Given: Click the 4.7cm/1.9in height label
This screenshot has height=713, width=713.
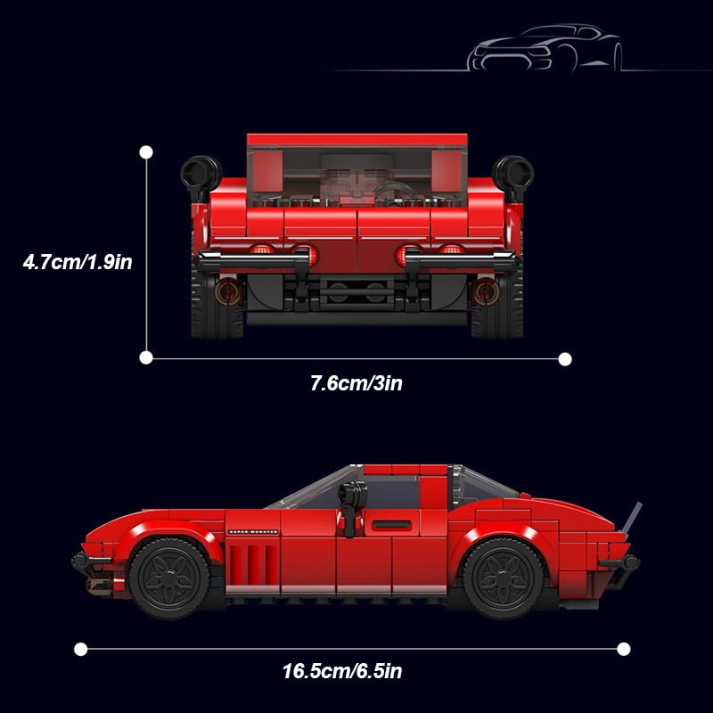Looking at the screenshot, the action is pos(78,262).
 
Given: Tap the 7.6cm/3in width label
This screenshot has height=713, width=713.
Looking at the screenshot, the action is pos(356,383).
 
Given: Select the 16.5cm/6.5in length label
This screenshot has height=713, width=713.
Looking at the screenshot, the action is pos(342,671).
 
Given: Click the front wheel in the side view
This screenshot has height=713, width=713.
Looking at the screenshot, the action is pos(169,578).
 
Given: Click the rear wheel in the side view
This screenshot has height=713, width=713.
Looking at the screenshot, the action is pos(503,578).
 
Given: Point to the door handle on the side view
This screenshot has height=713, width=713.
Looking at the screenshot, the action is pos(391,524).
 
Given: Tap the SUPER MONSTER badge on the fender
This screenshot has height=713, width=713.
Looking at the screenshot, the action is pos(253,531).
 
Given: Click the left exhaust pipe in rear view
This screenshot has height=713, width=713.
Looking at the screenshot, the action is pos(228,291).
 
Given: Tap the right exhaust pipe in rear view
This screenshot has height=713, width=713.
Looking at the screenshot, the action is pos(486,291).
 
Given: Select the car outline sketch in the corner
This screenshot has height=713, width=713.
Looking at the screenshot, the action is pos(545,48).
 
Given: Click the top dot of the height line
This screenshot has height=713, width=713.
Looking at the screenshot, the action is pos(146,152).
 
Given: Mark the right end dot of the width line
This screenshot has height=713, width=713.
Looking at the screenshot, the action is pos(565,359).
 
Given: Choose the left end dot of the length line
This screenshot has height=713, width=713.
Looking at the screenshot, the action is pos(80,649).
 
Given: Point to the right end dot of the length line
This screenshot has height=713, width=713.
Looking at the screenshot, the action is pos(623,649).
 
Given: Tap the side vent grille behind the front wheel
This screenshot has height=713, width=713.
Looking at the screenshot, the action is pos(253,565).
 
